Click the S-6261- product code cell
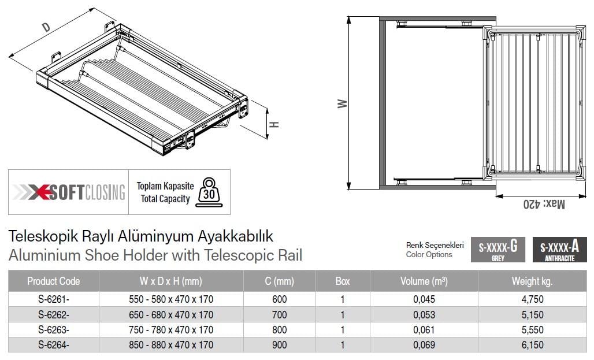pos(53,299)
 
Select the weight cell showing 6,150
pos(532,345)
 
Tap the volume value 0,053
pos(424,314)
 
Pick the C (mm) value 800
pos(279,330)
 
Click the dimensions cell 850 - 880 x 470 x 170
pos(171,345)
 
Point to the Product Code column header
pos(53,281)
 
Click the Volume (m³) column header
pos(424,281)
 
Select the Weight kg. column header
pos(532,281)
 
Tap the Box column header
pos(343,281)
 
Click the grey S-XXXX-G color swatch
pos(498,250)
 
